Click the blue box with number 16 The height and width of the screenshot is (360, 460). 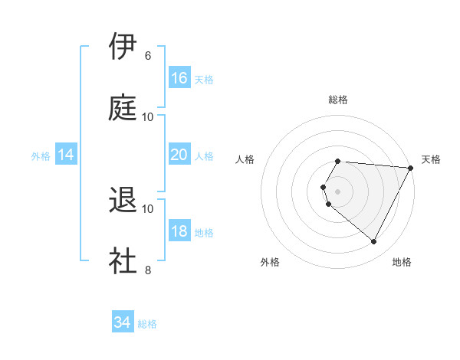[179, 78]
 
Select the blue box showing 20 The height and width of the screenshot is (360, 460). [179, 155]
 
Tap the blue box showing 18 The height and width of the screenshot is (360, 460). [179, 231]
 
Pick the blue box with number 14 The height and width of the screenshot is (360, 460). [66, 155]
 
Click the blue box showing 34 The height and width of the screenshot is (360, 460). [123, 322]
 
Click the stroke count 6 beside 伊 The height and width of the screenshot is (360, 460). [148, 56]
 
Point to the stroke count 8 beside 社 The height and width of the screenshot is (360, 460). [148, 270]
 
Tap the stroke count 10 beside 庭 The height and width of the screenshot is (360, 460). [148, 116]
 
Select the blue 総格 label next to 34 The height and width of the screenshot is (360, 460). [147, 324]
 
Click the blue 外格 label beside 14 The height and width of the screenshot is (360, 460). [41, 156]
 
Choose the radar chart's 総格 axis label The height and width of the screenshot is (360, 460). [338, 100]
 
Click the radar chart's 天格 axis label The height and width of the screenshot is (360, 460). [431, 159]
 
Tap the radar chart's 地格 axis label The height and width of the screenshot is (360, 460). [402, 262]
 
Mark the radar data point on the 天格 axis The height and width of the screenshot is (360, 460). [410, 168]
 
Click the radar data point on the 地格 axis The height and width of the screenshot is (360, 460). [374, 242]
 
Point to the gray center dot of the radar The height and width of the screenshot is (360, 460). [338, 191]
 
